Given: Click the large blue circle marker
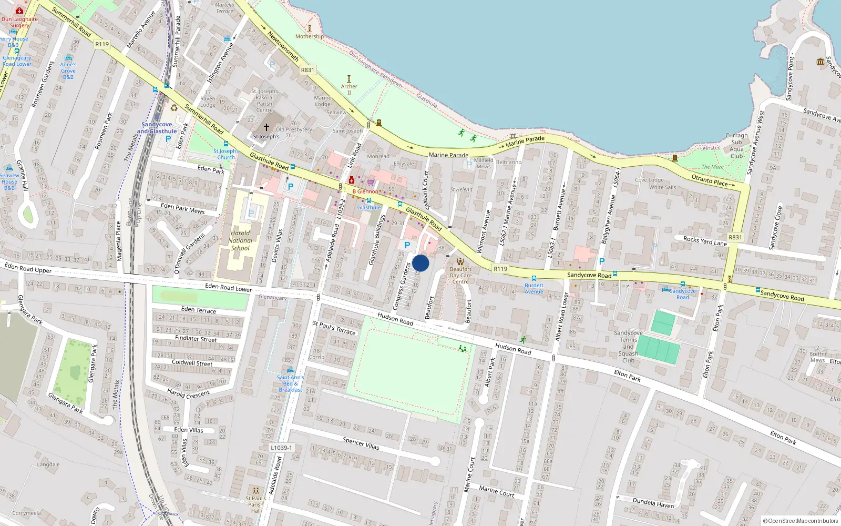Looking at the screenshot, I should pos(420,263).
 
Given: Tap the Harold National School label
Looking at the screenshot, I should pos(240,240).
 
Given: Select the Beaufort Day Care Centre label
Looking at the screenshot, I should pos(460,275).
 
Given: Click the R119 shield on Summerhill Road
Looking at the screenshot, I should pos(102,44).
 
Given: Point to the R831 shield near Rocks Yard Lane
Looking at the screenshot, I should pos(735,237).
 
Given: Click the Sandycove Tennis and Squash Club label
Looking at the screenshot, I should pos(628,346).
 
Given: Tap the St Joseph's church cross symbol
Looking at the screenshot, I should pos(266,127).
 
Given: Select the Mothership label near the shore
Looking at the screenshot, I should pos(310,36).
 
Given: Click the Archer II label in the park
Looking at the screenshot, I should pos(349,89).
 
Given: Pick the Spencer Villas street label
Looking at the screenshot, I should pos(361,443).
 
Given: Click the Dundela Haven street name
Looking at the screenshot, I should pos(653,503).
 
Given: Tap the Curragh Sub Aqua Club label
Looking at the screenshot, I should pos(736,146).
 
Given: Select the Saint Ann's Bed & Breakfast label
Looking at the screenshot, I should pos(290,383).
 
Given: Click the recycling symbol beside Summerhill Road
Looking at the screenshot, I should pos(174,108).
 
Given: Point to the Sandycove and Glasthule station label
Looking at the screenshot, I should pos(157,128).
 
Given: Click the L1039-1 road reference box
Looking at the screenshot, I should pos(281,448).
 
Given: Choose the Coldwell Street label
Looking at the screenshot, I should pos(192,363).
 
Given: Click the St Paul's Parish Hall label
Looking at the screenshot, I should pos(255,504).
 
